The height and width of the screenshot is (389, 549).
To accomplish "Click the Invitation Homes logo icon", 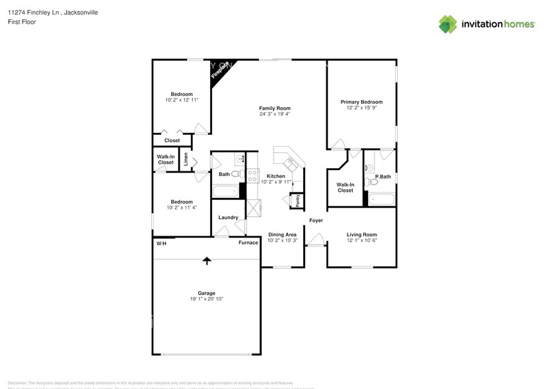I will coord(448,24).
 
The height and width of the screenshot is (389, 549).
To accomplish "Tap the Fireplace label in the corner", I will coord(220,70).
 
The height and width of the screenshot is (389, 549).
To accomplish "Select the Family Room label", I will coord(275,108).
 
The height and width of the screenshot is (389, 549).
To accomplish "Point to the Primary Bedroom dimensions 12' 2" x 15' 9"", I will coord(361,108).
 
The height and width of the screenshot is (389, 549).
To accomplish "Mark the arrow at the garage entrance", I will coord(207,261).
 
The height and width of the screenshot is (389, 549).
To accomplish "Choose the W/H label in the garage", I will coord(161,243).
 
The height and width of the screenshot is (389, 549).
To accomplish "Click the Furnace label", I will coord(248,243).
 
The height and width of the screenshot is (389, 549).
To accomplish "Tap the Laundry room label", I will coord(228,218).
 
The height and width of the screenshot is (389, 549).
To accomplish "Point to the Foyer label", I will coord(316,220).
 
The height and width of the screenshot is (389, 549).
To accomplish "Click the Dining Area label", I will coord(282,235).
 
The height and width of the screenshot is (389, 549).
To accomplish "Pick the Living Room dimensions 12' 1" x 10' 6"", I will coord(361,240).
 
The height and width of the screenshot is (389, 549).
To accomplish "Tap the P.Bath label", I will coord(383,177).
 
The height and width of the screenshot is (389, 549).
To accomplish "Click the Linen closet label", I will coord(186,159).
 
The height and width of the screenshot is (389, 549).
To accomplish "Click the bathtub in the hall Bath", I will coord(225,193).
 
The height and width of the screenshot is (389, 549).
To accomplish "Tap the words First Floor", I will coord(22,22).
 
